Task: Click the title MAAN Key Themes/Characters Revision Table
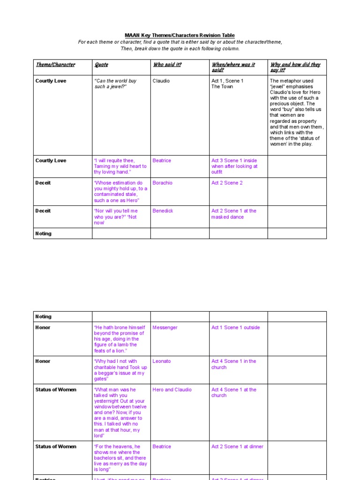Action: [180, 36]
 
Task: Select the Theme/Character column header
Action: [55, 65]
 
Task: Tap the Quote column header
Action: [101, 65]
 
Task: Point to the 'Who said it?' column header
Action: [167, 65]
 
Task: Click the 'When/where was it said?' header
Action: [233, 67]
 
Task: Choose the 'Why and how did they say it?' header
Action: [295, 67]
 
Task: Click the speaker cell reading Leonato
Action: [162, 361]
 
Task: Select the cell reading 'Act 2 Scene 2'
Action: [227, 183]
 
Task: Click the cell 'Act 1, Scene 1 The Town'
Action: [227, 83]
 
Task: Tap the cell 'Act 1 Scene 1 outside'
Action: [235, 328]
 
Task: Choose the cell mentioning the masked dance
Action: [233, 214]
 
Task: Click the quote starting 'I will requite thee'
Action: [120, 166]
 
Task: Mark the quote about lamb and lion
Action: [120, 339]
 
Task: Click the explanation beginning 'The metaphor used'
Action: [296, 112]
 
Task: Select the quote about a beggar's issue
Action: [120, 370]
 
